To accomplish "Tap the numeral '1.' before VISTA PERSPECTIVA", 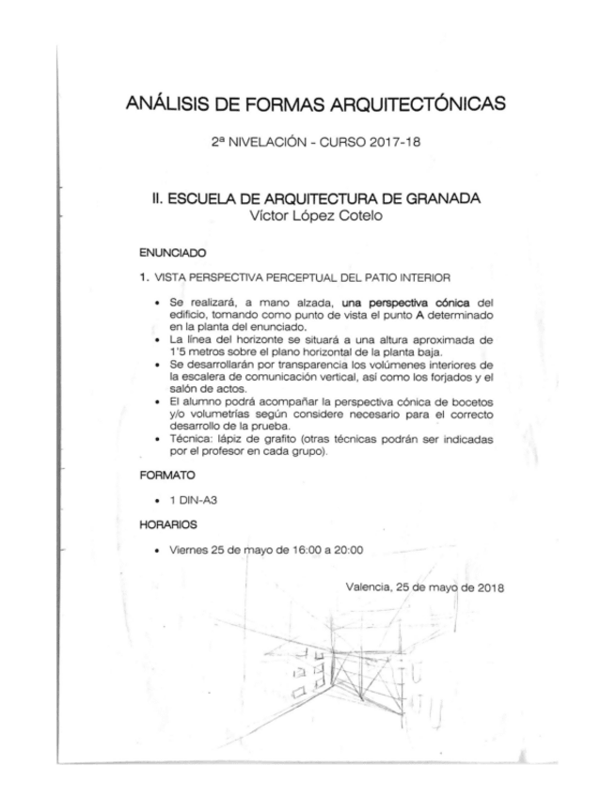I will point(144,277).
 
